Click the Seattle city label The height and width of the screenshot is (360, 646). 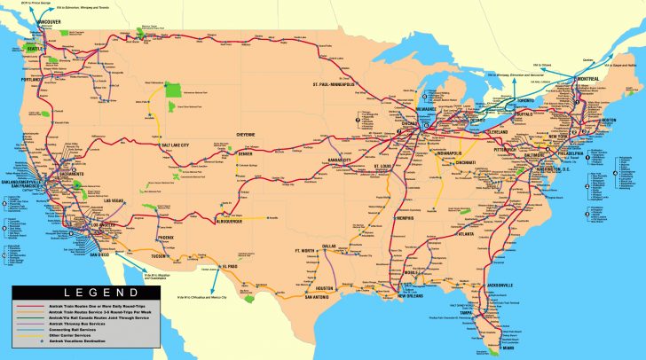pos(35,48)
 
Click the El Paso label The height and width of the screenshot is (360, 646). pos(231,264)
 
